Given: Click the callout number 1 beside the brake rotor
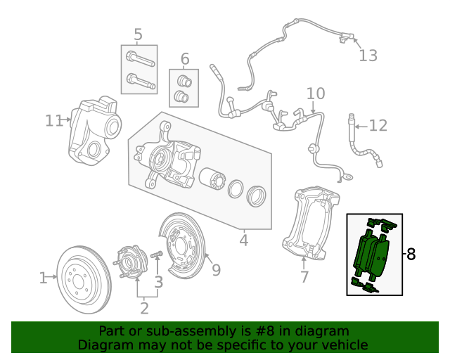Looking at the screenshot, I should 43,278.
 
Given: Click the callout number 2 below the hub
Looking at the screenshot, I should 144,307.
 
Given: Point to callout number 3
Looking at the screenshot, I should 159,282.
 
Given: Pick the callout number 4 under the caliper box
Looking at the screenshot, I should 243,240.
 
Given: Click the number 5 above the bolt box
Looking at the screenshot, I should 138,34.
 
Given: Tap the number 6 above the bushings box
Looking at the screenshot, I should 185,58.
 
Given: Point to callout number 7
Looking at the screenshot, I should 304,277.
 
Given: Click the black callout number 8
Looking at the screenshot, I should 411,255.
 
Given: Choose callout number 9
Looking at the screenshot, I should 216,269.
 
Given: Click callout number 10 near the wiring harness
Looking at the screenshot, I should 316,94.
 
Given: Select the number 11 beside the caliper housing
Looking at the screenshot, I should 54,121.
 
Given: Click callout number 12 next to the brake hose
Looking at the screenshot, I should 378,126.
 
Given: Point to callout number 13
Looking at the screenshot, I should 368,56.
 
